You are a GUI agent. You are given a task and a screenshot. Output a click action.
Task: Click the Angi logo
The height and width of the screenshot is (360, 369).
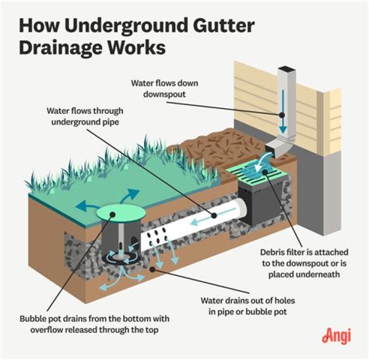click(336, 335)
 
